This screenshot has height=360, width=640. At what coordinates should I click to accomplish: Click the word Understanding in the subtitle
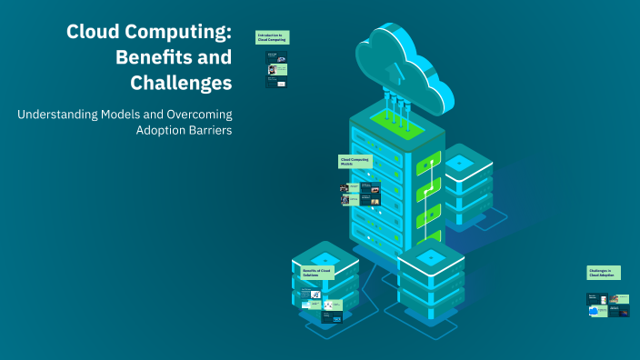pyautogui.click(x=58, y=114)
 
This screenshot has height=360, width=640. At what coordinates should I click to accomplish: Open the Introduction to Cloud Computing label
pyautogui.click(x=272, y=38)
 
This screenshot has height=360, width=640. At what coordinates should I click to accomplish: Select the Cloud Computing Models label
pyautogui.click(x=355, y=162)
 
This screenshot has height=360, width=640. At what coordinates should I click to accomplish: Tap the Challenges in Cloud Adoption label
pyautogui.click(x=604, y=273)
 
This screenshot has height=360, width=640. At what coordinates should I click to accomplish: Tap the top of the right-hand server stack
pyautogui.click(x=459, y=162)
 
